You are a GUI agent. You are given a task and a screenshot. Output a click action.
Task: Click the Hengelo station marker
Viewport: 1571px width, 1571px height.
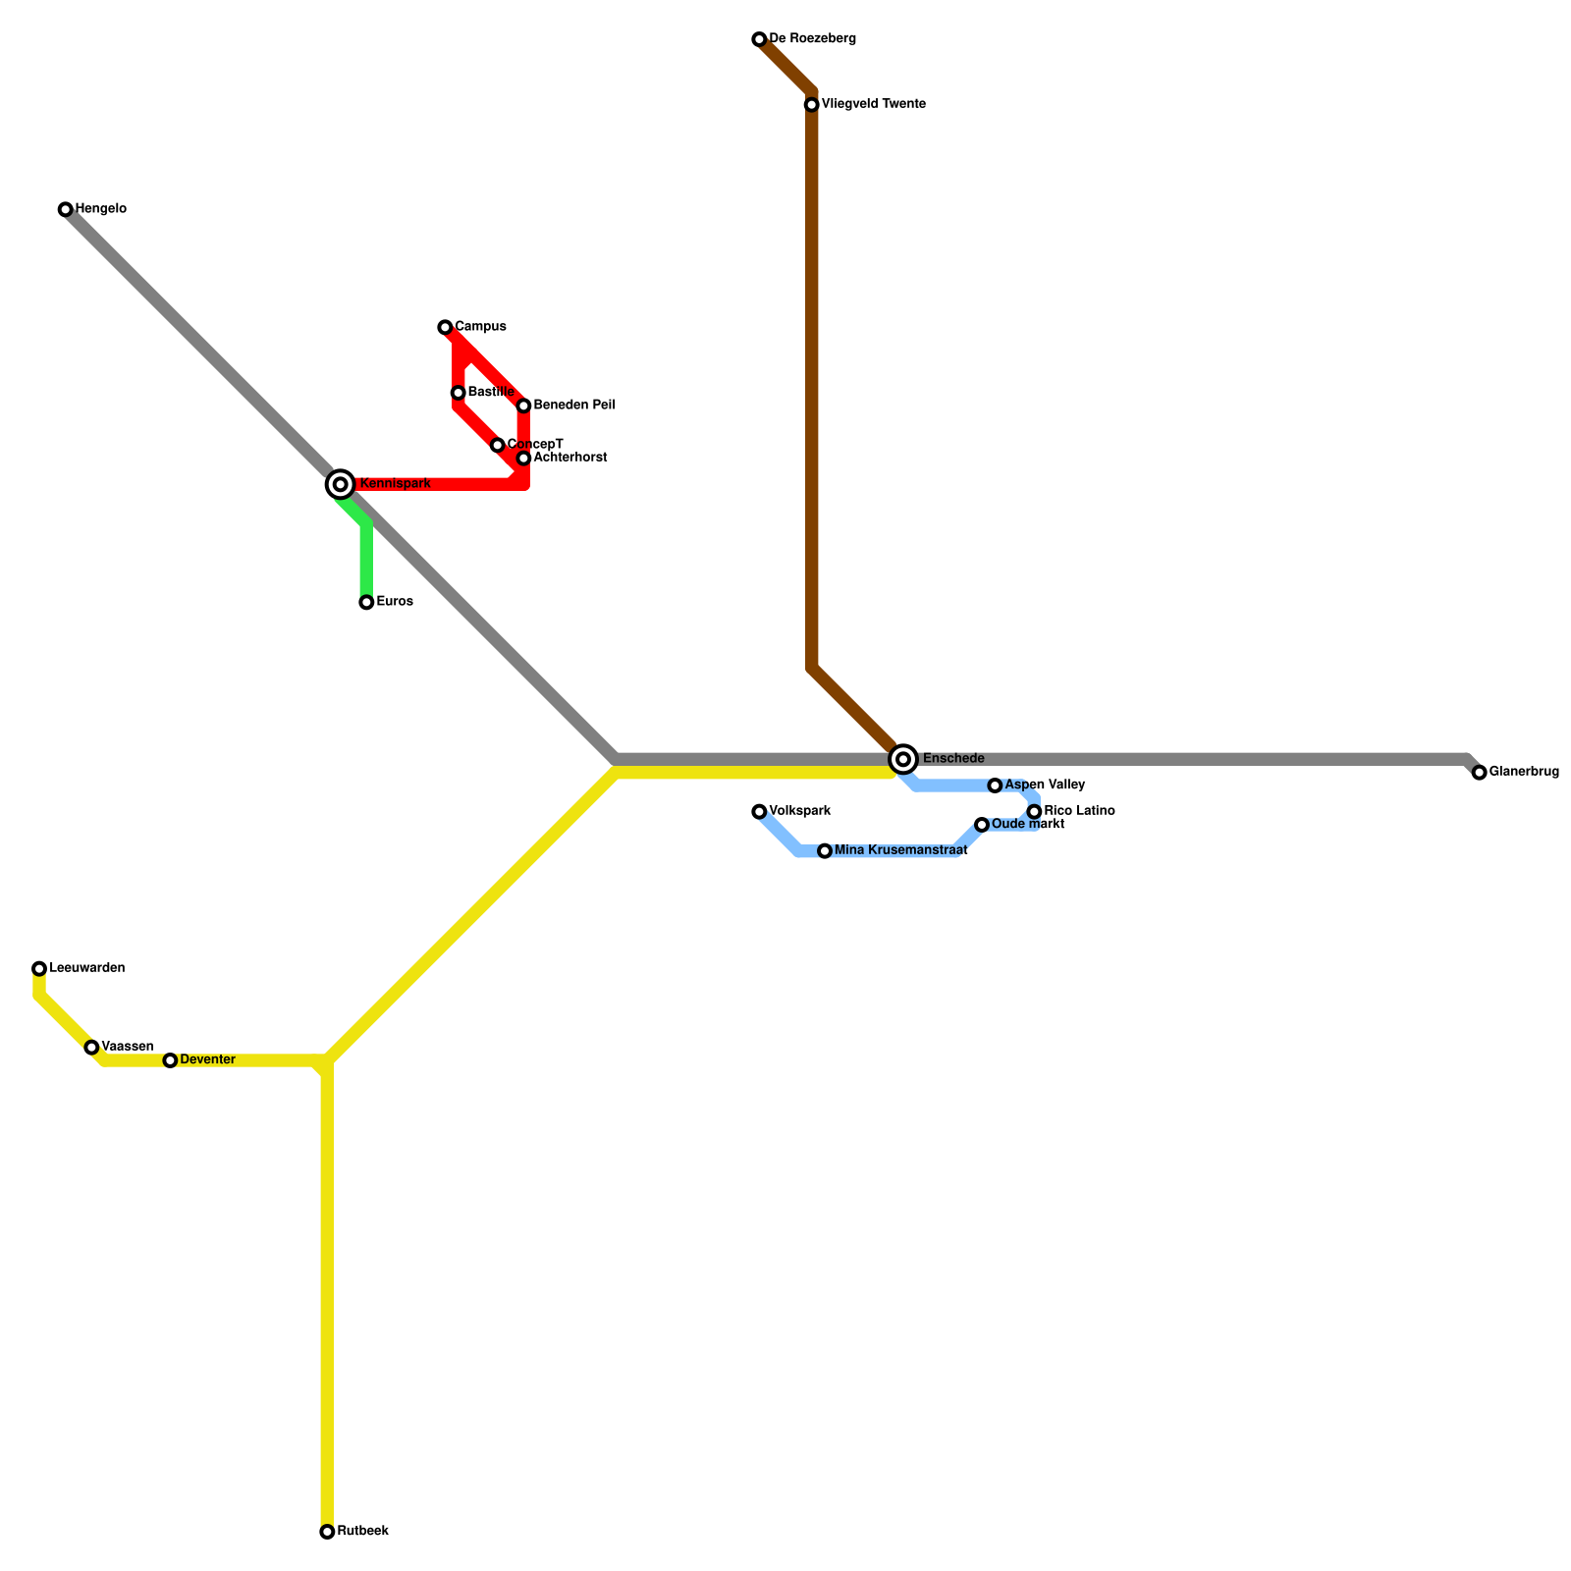[x=65, y=209]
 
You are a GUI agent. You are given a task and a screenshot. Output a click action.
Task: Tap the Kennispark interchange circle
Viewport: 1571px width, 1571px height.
[x=340, y=484]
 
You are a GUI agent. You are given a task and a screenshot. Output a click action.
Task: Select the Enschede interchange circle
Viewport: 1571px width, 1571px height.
[x=903, y=759]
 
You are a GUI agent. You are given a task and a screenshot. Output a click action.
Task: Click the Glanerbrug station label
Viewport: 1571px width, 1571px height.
[x=1523, y=772]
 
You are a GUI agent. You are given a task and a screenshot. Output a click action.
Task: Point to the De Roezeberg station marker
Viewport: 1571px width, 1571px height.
[x=759, y=39]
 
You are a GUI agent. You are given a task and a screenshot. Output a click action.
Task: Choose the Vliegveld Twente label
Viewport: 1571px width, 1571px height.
[x=873, y=104]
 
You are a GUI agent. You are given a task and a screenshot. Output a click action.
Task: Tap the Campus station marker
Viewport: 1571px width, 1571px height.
[x=445, y=327]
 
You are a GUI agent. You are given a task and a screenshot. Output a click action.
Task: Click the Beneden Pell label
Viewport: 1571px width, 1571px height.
[x=574, y=406]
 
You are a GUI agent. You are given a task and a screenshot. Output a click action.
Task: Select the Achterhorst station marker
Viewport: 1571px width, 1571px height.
[x=523, y=459]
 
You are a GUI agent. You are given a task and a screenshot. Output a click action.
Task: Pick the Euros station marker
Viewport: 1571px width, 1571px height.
[x=366, y=602]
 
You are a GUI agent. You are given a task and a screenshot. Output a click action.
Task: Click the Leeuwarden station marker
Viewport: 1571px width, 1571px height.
[x=39, y=968]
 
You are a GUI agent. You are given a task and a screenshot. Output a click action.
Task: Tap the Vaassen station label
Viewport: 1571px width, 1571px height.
[x=127, y=1047]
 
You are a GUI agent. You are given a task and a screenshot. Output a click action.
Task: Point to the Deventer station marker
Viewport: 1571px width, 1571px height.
[x=170, y=1060]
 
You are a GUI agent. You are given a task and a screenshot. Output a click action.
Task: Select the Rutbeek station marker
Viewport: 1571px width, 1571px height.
[x=327, y=1532]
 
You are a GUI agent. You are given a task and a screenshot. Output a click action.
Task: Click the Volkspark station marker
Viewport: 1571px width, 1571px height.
[x=759, y=811]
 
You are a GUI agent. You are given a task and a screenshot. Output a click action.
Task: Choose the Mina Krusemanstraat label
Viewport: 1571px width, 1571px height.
[x=900, y=850]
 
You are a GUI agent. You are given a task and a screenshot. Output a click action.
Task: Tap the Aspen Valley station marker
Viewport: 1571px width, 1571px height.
[x=995, y=785]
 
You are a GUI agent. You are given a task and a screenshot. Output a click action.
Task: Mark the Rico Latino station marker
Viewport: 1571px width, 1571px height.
[x=1034, y=811]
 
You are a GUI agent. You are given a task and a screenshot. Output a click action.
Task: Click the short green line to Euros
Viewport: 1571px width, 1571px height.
[x=366, y=560]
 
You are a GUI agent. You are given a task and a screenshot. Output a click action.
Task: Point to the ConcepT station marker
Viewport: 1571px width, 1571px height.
[x=498, y=445]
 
